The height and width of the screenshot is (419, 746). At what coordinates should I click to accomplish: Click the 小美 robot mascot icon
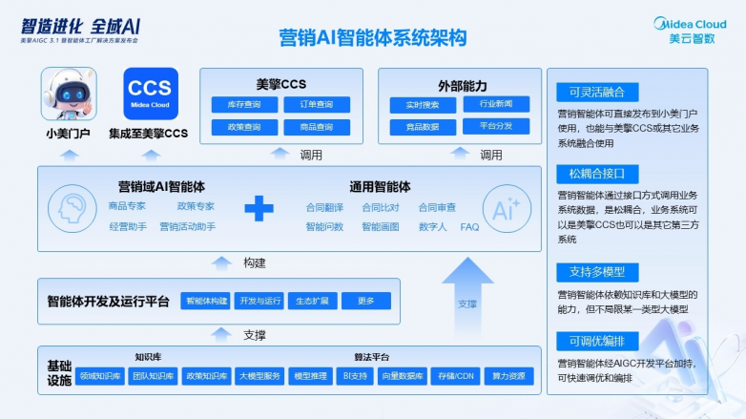[68, 94]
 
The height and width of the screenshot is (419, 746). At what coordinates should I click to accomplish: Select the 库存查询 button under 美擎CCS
[243, 104]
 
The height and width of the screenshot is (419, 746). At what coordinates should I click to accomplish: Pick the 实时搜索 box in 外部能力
[422, 104]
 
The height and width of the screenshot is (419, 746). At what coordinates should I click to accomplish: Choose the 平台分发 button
[496, 126]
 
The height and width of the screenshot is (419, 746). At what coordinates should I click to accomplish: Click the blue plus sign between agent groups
[259, 208]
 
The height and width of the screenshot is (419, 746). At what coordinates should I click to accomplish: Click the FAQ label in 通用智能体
[469, 227]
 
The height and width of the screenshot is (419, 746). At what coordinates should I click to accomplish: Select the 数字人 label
[432, 227]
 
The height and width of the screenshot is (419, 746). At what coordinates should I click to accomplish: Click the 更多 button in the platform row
[366, 302]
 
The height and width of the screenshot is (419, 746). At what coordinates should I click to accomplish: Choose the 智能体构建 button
[206, 302]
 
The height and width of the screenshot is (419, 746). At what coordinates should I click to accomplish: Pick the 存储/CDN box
[455, 376]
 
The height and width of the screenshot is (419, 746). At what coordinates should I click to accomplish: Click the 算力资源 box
[508, 376]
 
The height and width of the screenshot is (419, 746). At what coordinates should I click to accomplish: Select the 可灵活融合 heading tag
[590, 93]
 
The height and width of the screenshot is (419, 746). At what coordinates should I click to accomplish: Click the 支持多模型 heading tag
[590, 271]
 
